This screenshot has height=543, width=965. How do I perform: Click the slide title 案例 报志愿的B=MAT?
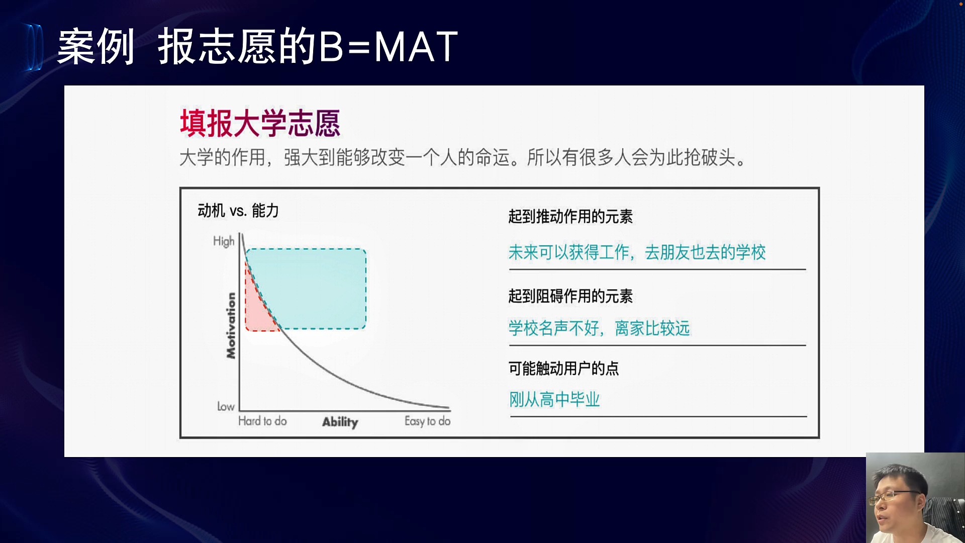coord(257,46)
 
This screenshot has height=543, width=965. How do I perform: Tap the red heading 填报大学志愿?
coord(260,123)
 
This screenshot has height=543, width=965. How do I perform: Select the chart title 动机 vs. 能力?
coord(238,211)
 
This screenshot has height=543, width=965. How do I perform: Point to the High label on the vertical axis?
coord(224,241)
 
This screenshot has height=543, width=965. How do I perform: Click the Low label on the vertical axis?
coord(226,406)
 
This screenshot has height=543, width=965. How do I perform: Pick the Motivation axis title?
coord(231,326)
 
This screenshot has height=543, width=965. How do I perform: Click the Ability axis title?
coord(340,422)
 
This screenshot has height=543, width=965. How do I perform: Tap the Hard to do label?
coord(262,421)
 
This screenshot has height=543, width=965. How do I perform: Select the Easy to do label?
coord(427,421)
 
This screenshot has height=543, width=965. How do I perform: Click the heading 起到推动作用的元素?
coord(570,217)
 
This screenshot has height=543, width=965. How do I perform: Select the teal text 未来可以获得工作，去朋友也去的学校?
coord(637,252)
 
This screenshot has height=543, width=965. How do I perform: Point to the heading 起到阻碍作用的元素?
coord(570,296)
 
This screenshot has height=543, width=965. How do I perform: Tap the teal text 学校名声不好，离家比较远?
coord(599,328)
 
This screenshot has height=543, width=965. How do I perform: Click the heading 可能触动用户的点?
coord(563,369)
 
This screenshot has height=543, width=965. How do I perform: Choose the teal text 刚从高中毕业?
coord(554,400)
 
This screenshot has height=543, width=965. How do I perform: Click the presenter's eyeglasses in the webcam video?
coord(898,496)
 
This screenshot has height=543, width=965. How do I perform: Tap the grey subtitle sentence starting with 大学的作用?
coord(463,157)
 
